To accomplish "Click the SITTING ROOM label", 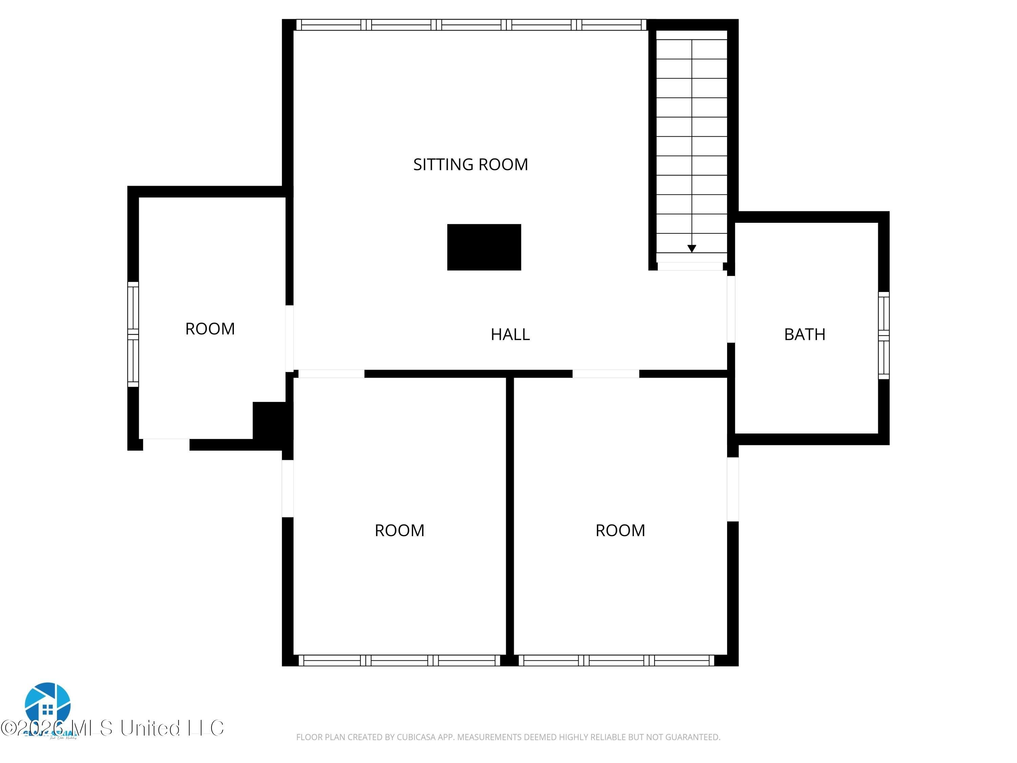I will point(470,164).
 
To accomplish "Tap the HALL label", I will point(510,334).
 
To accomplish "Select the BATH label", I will point(804,334).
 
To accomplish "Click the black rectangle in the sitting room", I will point(484,247).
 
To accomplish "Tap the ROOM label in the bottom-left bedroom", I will point(399,530).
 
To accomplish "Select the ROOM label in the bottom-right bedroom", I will point(620,530).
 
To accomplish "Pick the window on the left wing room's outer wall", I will point(133,334).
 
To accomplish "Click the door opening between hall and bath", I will point(731,309).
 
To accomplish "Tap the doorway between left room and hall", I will point(289,338).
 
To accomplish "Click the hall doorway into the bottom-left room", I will point(331,373).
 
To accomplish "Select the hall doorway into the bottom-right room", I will point(605,373).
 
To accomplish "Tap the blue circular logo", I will point(47,704).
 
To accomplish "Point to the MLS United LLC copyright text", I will point(113,728).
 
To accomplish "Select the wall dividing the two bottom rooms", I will point(510,515).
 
